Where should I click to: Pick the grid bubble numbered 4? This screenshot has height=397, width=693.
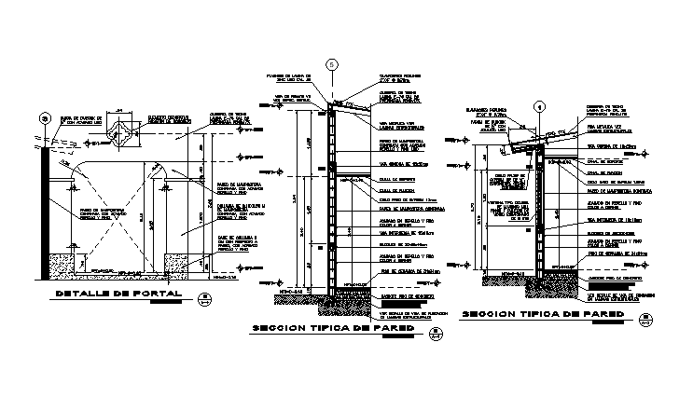539,105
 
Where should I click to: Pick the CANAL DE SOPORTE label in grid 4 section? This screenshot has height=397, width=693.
596,171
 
